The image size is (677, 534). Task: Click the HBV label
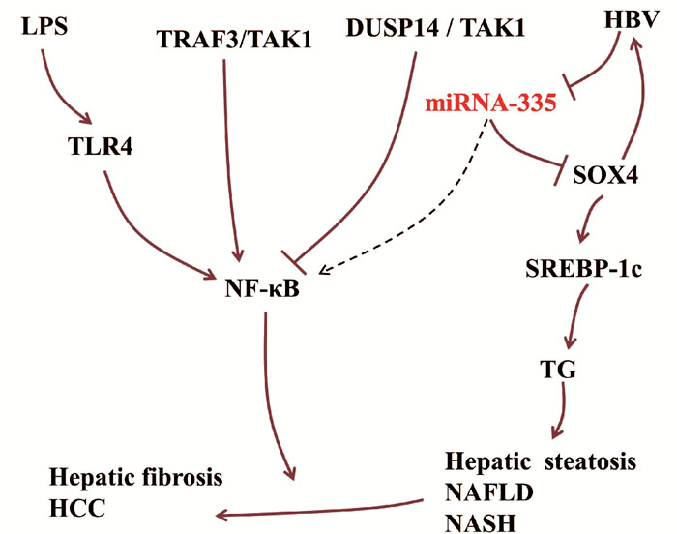[x=626, y=20]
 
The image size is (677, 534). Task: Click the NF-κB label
[x=261, y=288]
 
